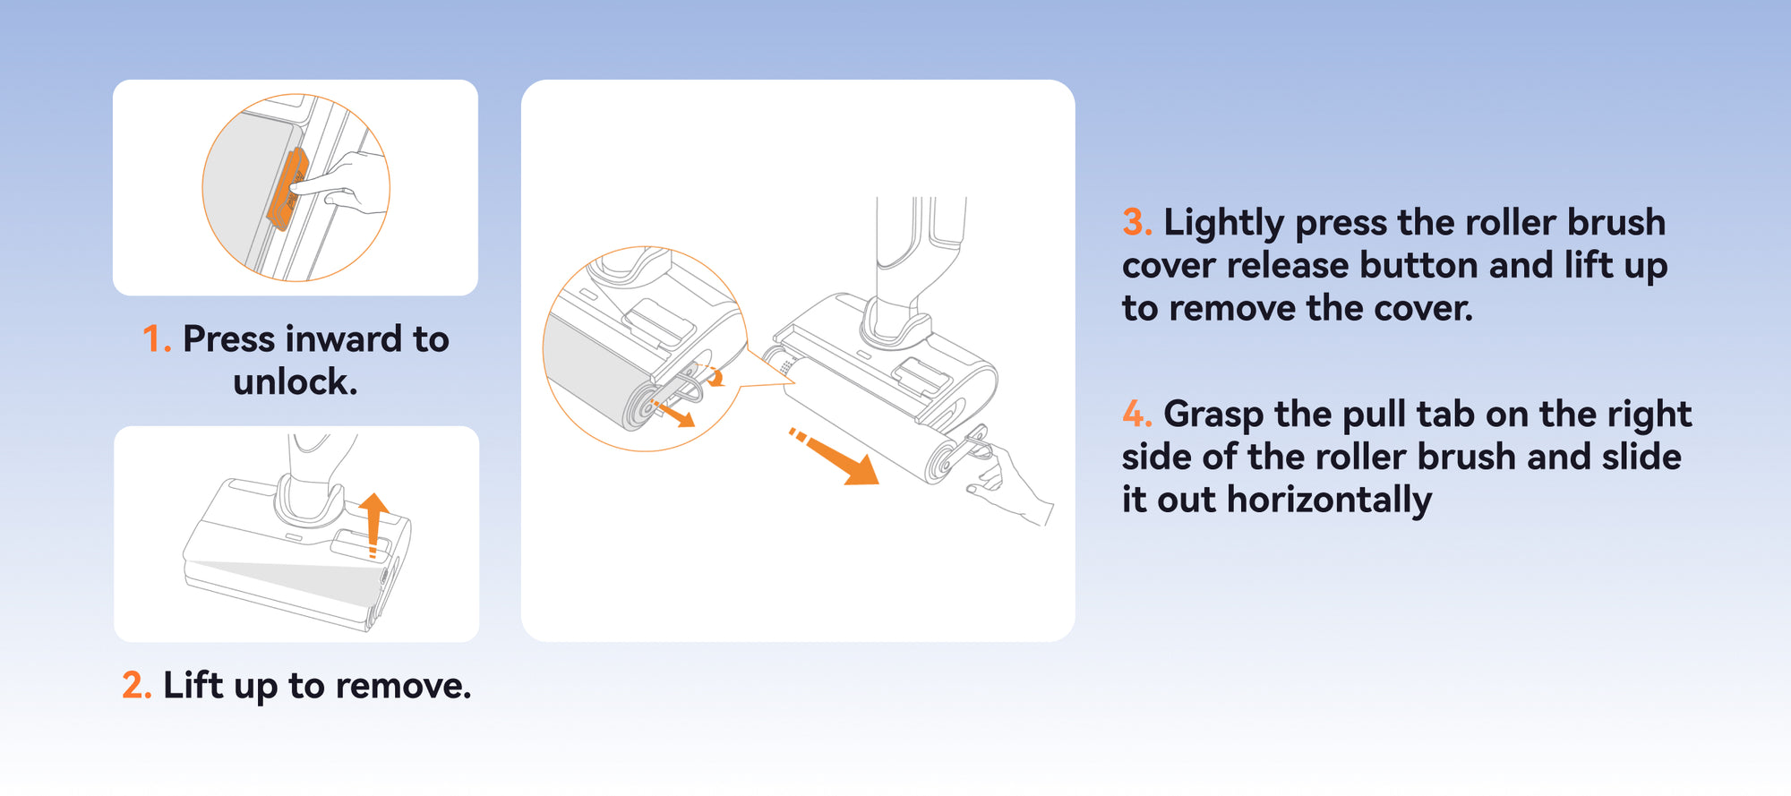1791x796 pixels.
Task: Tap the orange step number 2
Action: pyautogui.click(x=135, y=686)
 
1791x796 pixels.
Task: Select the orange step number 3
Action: pyautogui.click(x=1135, y=223)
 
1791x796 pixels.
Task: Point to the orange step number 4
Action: pyautogui.click(x=1135, y=415)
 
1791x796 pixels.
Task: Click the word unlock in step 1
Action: pyautogui.click(x=295, y=382)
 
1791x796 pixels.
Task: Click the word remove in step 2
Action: pyautogui.click(x=402, y=686)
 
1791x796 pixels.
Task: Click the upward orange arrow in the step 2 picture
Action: pyautogui.click(x=373, y=523)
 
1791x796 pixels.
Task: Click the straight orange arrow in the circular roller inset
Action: pyautogui.click(x=674, y=415)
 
